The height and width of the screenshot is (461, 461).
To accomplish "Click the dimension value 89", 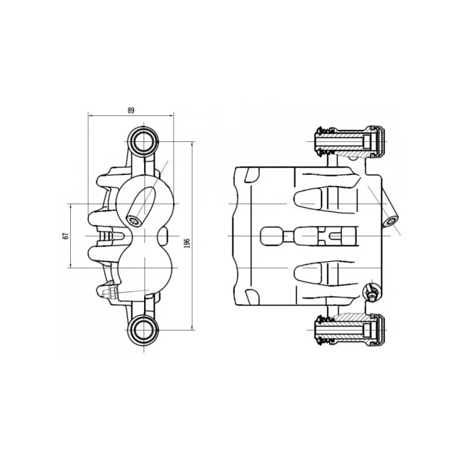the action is (x=131, y=110).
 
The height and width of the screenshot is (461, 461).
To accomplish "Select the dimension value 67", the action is (x=66, y=236).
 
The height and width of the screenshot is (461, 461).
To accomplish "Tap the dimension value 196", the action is (x=187, y=243).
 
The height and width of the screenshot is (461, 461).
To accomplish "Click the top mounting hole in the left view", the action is (x=143, y=142).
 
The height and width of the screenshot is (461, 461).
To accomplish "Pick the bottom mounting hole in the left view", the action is (x=143, y=330).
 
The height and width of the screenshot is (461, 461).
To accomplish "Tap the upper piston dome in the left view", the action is (x=144, y=203).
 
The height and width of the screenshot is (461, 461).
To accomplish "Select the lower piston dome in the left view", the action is (x=145, y=268).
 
